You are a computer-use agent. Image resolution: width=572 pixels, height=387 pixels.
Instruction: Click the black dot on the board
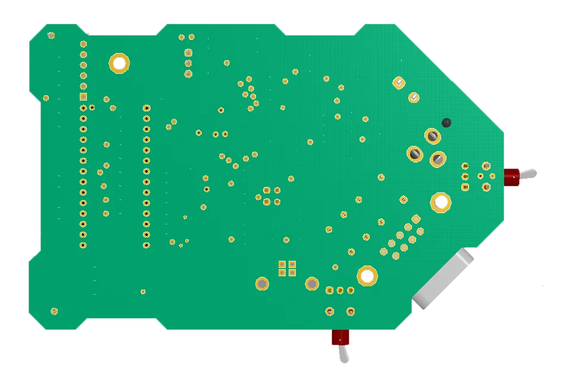(446, 123)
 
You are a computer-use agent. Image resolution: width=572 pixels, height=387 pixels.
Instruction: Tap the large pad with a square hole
(440, 202)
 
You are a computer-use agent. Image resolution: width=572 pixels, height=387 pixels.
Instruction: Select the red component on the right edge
(512, 177)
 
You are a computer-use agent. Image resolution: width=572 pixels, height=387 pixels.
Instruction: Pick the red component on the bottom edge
(340, 338)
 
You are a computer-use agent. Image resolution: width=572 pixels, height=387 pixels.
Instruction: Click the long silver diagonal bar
(444, 278)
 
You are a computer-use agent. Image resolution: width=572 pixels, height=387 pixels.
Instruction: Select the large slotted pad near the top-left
(119, 63)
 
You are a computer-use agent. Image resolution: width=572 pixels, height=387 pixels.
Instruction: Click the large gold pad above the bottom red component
(367, 275)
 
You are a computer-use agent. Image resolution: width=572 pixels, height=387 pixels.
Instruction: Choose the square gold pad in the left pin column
(83, 96)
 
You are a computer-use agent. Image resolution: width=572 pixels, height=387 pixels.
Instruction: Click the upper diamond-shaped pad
(399, 83)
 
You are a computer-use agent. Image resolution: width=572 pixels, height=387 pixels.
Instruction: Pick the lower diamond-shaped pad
(414, 97)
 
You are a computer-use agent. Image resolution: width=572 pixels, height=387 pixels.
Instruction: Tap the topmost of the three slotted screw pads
(433, 136)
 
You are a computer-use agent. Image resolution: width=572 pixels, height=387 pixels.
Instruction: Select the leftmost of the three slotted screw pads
(415, 154)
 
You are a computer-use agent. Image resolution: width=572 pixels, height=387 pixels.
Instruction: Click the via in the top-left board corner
(51, 36)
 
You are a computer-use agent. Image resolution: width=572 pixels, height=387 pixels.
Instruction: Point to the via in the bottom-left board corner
(54, 311)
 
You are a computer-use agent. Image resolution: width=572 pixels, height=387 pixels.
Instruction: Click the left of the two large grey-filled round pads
(262, 283)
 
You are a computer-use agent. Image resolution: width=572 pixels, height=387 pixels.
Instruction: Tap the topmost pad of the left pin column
(83, 44)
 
